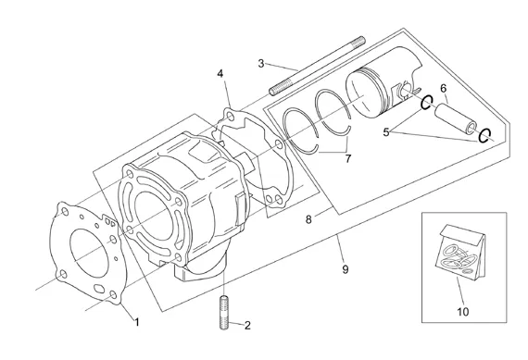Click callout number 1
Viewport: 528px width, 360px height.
click(x=137, y=322)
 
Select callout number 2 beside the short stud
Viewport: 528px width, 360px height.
click(x=247, y=326)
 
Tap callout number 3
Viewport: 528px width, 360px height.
click(x=261, y=63)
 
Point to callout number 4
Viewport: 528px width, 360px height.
click(x=220, y=73)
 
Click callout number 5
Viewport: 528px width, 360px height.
click(x=386, y=132)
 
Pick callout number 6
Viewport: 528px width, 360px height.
click(x=443, y=89)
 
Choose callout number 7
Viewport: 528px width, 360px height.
click(x=348, y=158)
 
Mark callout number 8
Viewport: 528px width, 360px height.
click(x=308, y=219)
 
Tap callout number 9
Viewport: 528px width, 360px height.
click(x=346, y=269)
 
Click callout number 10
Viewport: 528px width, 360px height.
click(x=462, y=312)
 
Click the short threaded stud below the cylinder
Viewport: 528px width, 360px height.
click(x=224, y=313)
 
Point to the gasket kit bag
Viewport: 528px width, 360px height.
click(x=460, y=252)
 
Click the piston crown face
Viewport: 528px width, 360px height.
click(x=363, y=95)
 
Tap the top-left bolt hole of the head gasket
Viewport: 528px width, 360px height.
click(x=64, y=212)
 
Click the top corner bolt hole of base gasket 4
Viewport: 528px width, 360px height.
click(x=230, y=117)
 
